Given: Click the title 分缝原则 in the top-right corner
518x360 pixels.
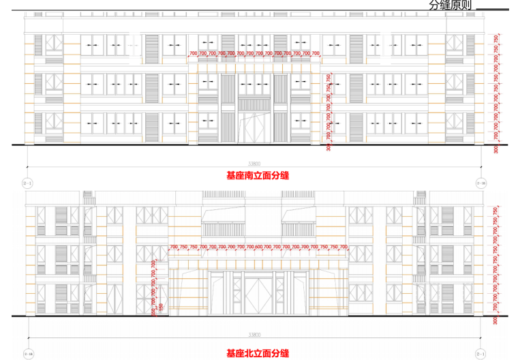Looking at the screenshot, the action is (451, 5).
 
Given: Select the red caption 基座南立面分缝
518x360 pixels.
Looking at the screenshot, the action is (258, 175).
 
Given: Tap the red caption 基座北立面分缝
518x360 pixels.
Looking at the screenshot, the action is (258, 353).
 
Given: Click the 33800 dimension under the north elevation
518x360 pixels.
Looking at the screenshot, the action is (254, 335).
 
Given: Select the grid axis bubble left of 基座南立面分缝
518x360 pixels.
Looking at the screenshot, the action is (28, 183).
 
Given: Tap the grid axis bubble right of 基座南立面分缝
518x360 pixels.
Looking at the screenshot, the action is (481, 183).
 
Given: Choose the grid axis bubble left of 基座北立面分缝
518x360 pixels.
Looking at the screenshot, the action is (28, 355).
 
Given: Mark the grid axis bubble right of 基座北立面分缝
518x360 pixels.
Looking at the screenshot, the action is (481, 355).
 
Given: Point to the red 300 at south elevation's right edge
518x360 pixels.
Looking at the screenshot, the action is (496, 149).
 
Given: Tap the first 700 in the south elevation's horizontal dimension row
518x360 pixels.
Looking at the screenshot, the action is (194, 53).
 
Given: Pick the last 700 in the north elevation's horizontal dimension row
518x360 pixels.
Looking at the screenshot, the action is (344, 245).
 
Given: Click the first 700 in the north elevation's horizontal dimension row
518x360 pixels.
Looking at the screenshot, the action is (174, 245).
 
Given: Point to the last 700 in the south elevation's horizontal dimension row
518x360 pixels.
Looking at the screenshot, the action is (316, 53).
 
